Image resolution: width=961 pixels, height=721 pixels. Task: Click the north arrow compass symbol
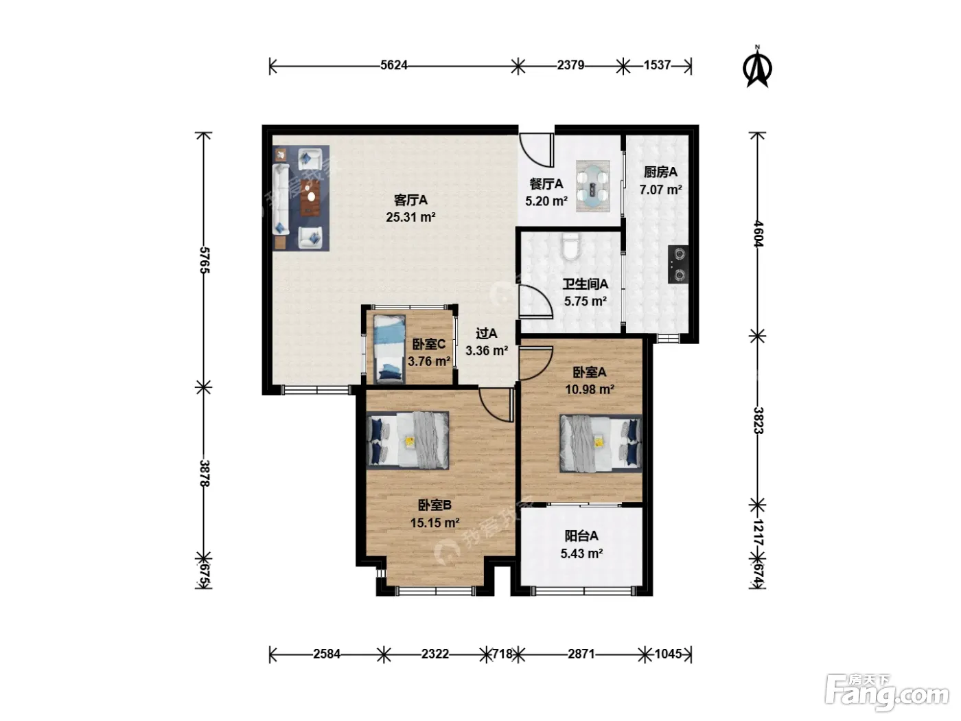[757, 67]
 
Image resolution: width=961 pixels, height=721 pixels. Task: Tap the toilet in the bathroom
[570, 247]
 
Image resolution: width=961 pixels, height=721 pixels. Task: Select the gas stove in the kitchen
[678, 264]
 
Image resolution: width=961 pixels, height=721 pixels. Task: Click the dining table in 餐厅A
[593, 186]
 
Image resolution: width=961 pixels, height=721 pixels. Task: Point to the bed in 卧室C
[389, 349]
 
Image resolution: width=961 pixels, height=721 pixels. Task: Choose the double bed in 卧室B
[407, 440]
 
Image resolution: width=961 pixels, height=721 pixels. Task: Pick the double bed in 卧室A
[601, 443]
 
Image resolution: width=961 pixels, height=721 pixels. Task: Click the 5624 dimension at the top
[393, 65]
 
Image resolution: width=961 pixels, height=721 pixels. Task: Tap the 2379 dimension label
[570, 65]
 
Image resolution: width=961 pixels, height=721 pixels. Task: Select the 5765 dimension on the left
[205, 260]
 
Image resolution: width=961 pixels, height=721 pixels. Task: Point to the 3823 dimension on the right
[759, 420]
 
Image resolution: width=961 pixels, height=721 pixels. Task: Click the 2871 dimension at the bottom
[581, 654]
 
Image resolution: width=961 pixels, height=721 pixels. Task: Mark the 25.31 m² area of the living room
[410, 217]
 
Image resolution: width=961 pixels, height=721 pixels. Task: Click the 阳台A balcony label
[581, 536]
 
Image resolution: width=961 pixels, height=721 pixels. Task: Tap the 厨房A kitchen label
[660, 172]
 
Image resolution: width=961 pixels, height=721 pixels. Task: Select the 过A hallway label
[487, 334]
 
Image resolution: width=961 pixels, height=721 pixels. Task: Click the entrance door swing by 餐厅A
[536, 150]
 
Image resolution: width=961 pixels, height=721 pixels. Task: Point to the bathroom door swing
[535, 301]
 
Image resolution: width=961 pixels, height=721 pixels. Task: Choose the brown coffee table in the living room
[310, 198]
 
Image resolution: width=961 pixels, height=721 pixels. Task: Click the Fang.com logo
[887, 693]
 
